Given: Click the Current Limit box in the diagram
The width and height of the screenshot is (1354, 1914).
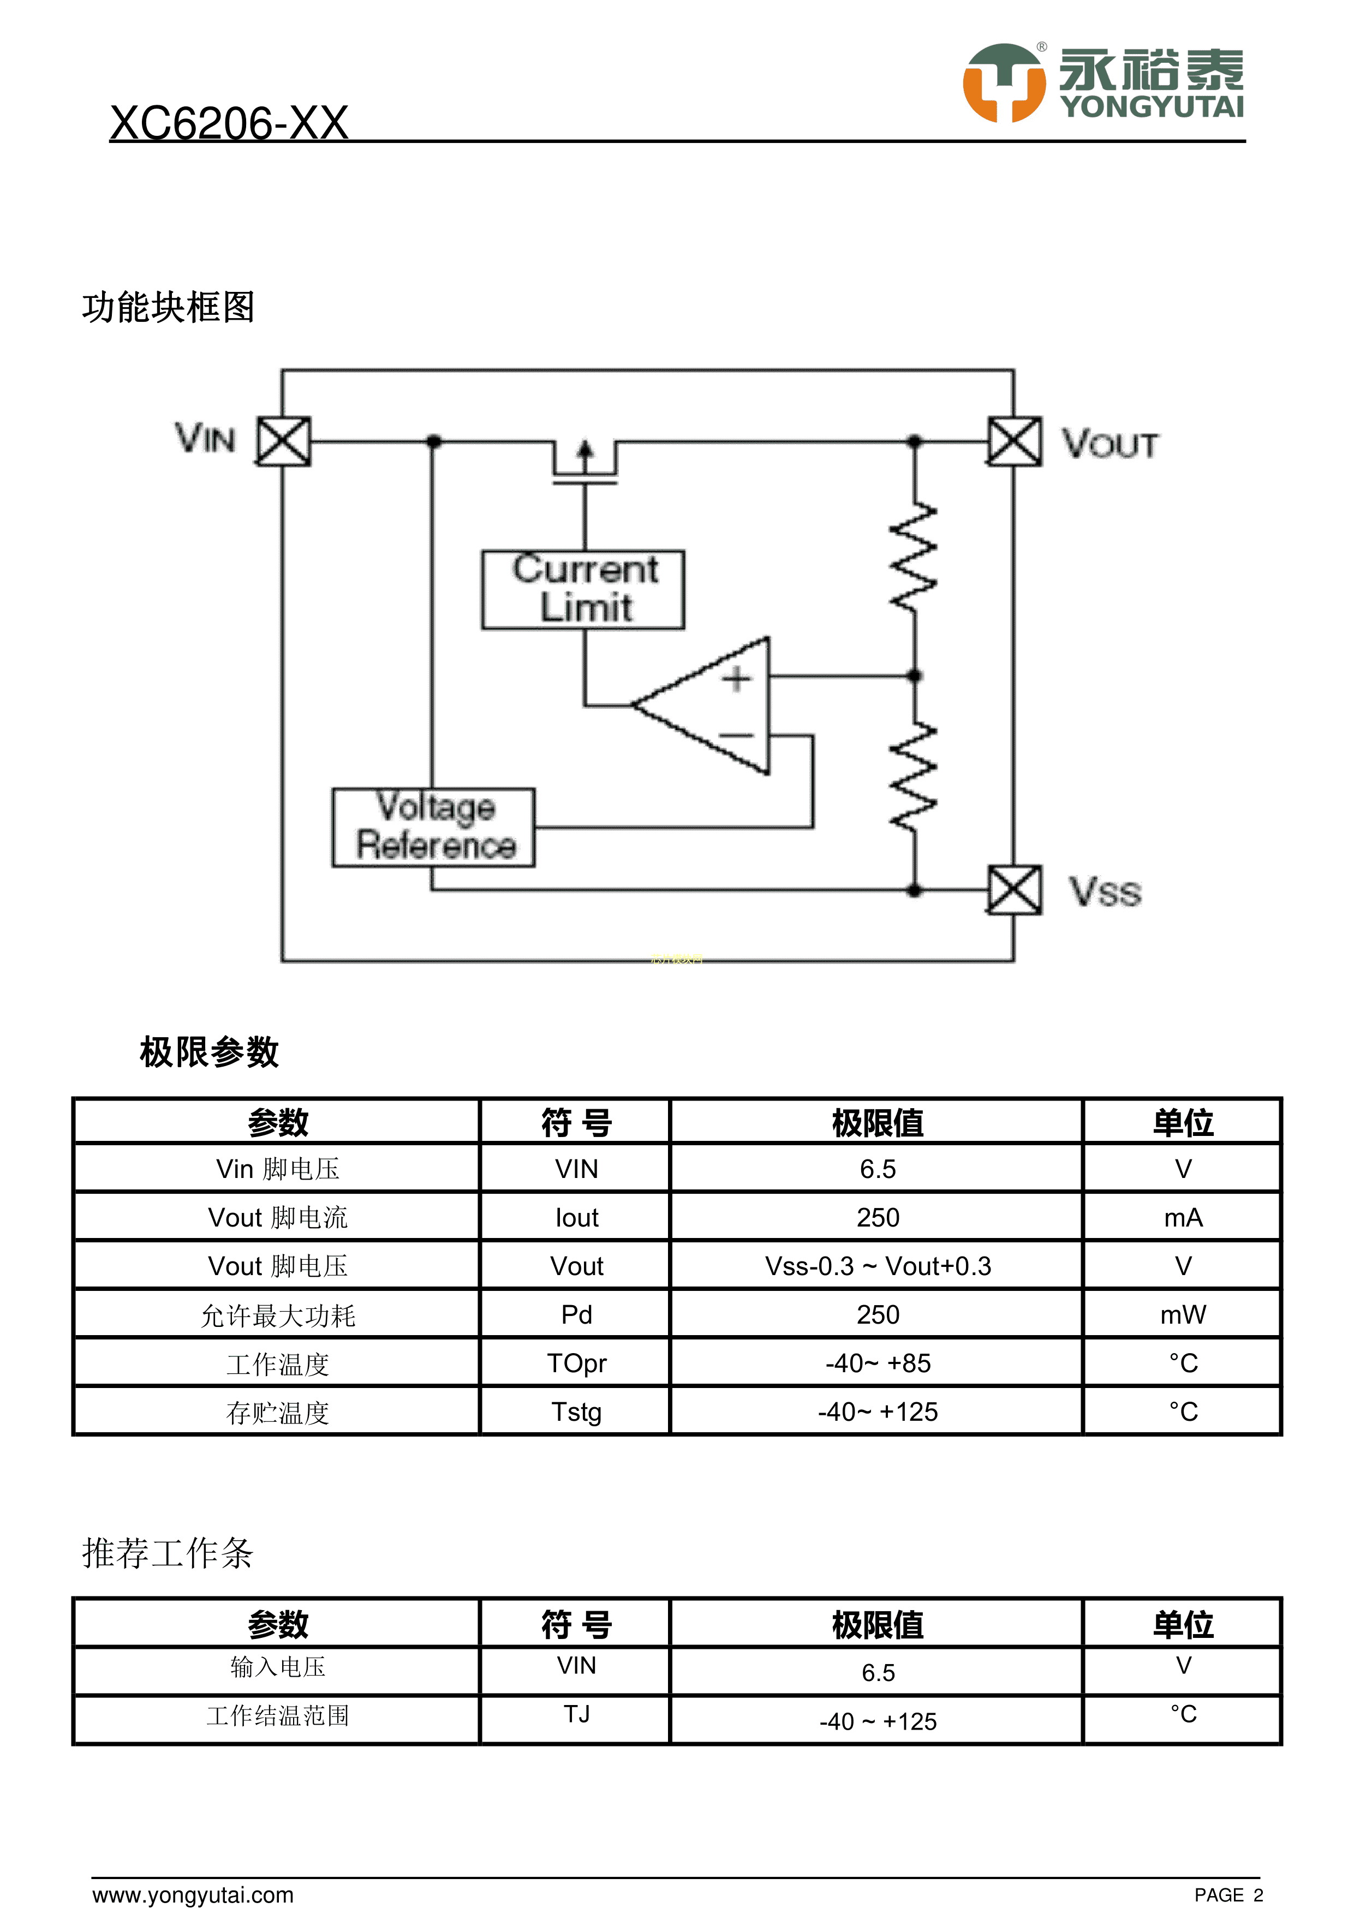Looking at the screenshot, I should point(583,589).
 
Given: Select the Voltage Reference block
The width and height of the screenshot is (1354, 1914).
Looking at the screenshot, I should point(433,827).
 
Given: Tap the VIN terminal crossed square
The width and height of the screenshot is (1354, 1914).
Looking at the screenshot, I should point(283,441).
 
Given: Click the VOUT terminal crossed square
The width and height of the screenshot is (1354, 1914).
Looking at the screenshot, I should point(1014,441).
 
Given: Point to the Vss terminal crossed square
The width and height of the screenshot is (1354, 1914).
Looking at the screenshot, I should point(1014,890).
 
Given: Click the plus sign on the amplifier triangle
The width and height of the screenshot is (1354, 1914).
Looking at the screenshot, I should point(736,679).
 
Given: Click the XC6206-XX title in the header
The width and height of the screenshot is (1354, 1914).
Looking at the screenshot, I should point(229,123).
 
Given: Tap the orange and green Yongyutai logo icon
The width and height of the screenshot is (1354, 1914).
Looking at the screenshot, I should point(1004,83).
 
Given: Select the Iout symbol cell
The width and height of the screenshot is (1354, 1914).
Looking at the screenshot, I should point(576,1217).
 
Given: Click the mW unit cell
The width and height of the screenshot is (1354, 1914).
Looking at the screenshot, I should point(1182,1314).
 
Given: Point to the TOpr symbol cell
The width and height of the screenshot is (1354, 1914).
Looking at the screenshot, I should point(576,1363).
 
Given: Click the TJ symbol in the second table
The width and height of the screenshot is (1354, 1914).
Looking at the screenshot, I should point(576,1714).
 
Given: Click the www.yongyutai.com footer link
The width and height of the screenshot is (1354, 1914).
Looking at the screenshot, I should point(193,1895).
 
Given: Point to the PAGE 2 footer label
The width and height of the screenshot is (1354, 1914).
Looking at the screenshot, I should point(1228,1895).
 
